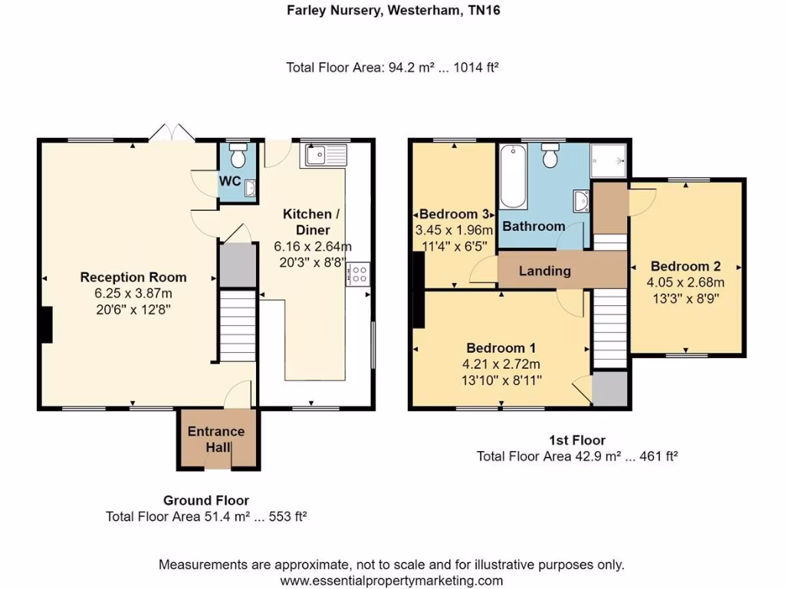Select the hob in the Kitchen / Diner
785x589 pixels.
point(359,275)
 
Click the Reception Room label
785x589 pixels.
point(133,277)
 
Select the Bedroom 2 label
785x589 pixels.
point(685,267)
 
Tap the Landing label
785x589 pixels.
point(544,271)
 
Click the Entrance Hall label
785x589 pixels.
point(216,439)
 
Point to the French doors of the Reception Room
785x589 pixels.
point(171,133)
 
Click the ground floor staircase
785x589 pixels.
point(236,324)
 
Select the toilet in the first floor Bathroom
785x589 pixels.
point(549,157)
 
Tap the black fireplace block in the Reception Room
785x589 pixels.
point(46,324)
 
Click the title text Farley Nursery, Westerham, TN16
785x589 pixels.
point(392,11)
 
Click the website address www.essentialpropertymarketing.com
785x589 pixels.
point(392,581)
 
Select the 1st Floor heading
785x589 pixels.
point(577,440)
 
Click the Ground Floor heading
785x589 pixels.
point(206,501)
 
